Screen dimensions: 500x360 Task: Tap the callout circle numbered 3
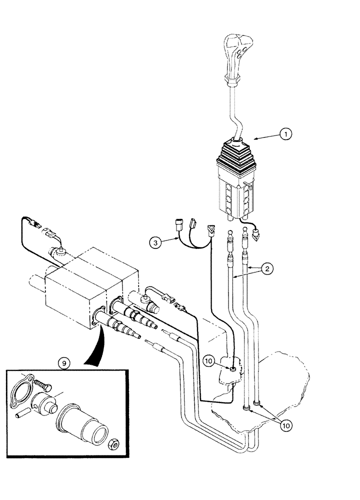coord(156,242)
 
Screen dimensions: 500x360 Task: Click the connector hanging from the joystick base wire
coord(258,233)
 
